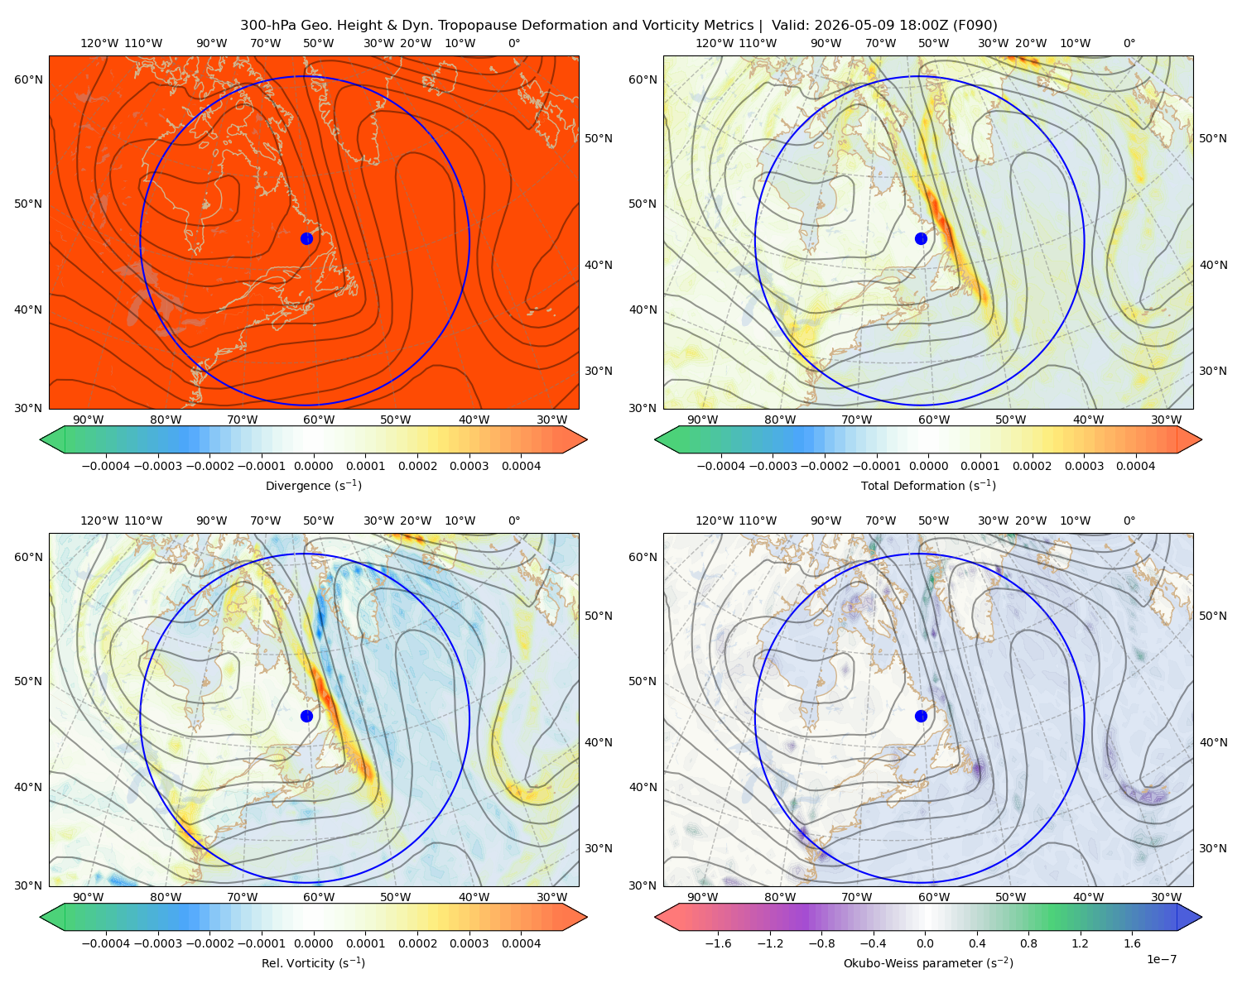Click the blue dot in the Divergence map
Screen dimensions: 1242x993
306,238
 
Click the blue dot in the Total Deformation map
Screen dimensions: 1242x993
921,238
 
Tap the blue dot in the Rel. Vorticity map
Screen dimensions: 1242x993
306,716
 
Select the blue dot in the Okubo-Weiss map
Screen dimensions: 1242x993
921,716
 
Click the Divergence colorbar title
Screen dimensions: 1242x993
313,485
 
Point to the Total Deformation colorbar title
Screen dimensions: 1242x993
928,485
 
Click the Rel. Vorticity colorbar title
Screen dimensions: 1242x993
313,962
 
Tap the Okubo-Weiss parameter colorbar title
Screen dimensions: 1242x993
928,962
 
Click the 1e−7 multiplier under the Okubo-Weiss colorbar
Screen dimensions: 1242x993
1161,959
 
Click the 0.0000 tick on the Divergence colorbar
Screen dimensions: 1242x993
313,466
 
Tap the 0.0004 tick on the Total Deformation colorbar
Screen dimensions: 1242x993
1135,466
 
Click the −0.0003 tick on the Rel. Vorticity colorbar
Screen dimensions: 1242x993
157,943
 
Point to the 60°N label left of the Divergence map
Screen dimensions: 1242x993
28,79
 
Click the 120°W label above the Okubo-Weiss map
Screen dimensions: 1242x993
714,520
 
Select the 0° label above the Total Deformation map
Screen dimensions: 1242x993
1129,43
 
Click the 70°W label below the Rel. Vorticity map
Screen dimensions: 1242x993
242,897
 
